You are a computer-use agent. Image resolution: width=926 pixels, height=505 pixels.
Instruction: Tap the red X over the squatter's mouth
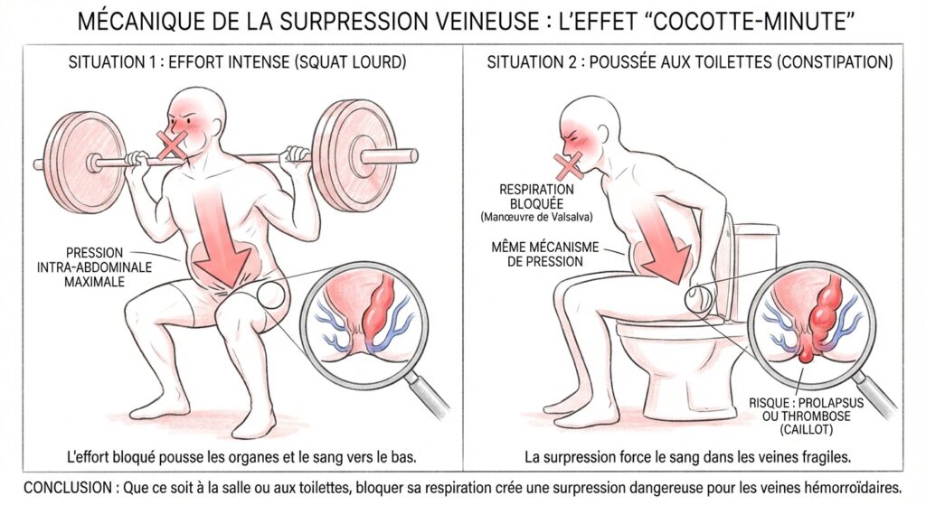coord(172,145)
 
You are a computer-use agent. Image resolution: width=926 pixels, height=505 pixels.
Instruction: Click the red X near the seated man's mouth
coord(569,166)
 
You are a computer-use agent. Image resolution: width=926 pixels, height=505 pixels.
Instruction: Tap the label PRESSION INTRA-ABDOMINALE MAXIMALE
coord(94,267)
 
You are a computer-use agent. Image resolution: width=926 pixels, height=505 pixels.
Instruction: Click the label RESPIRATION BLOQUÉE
coord(536,196)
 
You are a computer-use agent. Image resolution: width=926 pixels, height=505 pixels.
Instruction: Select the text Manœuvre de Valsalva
coord(536,217)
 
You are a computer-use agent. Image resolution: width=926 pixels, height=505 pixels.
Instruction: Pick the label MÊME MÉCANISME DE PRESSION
coord(544,254)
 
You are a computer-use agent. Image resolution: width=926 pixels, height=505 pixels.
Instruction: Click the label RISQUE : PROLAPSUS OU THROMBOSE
coord(806,409)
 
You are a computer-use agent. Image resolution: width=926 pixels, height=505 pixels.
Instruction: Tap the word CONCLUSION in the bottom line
coord(67,488)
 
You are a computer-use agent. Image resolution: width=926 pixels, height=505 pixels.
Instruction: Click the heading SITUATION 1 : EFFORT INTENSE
coord(178,62)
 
